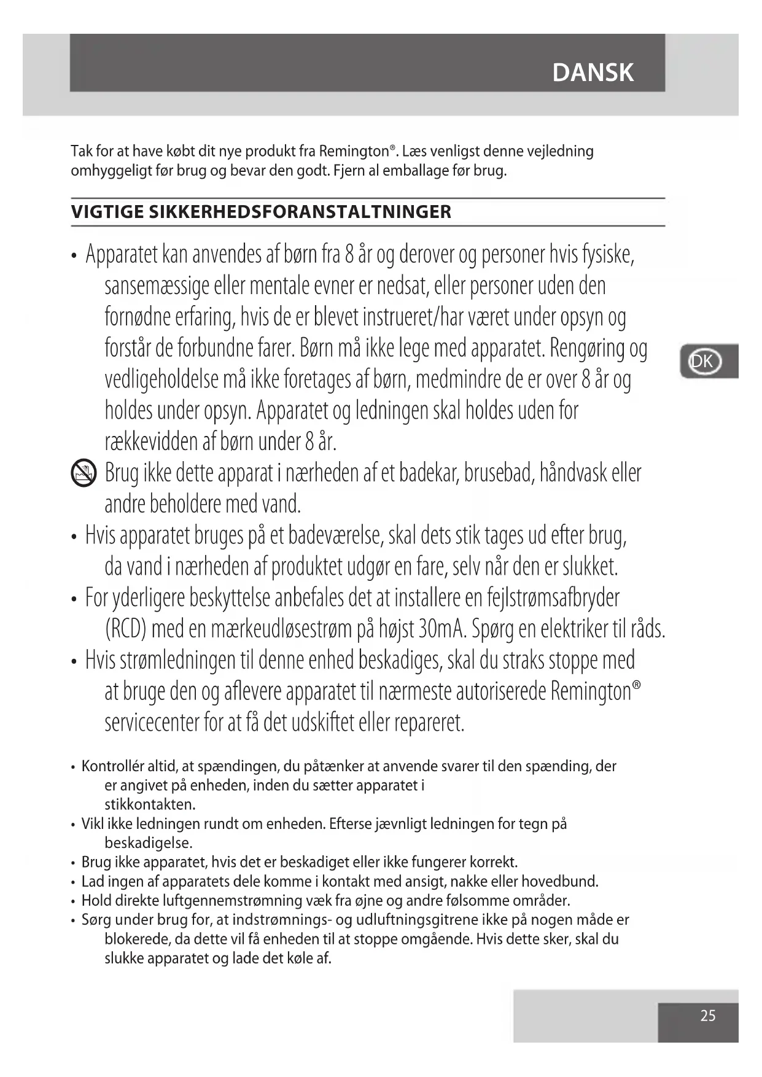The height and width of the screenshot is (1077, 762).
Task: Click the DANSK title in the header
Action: (593, 72)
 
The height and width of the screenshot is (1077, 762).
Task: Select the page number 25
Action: (707, 1016)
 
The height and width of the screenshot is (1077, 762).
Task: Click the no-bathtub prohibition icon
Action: (84, 473)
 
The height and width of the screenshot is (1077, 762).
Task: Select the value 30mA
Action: (443, 629)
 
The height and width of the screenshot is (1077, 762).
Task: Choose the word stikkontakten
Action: (150, 804)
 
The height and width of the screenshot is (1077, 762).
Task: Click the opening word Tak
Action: (80, 152)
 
